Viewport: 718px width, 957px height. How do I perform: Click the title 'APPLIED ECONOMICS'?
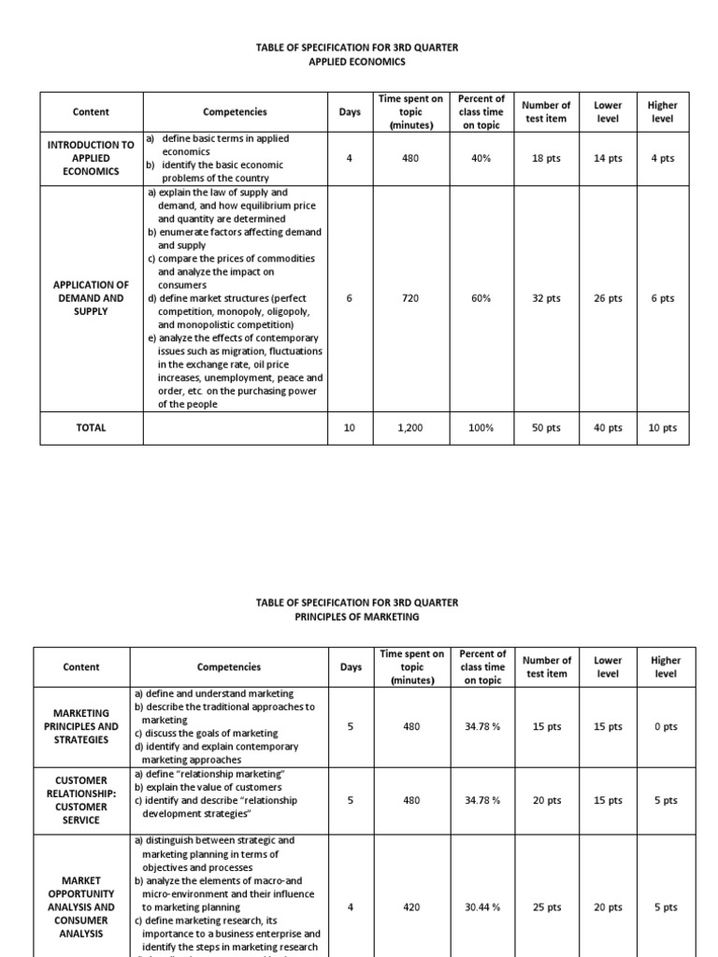tap(359, 62)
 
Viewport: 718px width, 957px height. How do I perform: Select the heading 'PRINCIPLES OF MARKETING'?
tap(359, 617)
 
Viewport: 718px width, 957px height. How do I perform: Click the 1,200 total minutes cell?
tap(411, 427)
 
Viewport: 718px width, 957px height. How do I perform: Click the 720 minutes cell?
tap(411, 299)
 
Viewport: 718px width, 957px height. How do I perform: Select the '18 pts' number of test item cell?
tap(546, 159)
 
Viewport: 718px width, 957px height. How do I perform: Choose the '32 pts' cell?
tap(546, 299)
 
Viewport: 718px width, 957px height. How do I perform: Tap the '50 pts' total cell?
tap(546, 427)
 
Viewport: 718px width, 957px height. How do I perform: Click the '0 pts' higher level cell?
tap(665, 726)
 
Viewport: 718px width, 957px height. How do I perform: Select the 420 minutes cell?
tap(411, 907)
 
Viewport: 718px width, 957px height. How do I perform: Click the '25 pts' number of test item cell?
tap(546, 907)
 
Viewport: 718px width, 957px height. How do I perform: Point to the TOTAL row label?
tap(91, 427)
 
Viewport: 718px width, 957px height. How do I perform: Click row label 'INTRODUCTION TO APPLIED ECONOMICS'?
tap(91, 158)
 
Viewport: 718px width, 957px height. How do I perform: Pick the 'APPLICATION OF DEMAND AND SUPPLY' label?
tap(91, 298)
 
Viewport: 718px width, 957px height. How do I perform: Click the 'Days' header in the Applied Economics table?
tap(350, 112)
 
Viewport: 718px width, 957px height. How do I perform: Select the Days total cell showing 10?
tap(350, 427)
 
